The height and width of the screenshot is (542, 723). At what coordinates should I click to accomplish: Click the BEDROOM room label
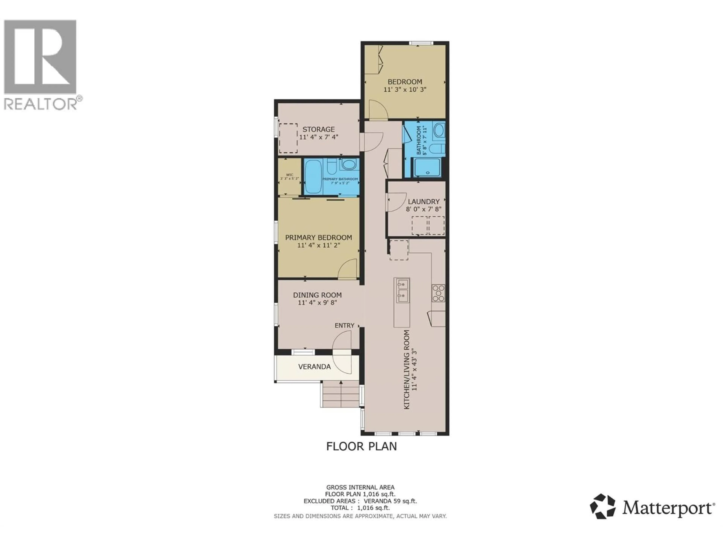405,82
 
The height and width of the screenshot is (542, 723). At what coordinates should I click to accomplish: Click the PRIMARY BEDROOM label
318,238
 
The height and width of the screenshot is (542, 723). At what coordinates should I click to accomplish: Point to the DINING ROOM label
317,295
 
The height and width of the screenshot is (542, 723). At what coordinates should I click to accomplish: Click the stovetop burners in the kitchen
438,293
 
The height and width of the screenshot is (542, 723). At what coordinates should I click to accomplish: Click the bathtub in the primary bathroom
313,177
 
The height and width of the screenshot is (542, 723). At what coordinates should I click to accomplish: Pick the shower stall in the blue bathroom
427,167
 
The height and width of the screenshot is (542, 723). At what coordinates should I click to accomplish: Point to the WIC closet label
289,175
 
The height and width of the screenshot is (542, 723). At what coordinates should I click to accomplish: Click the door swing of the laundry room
396,202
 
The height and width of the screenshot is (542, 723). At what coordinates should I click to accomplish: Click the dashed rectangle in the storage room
288,138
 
